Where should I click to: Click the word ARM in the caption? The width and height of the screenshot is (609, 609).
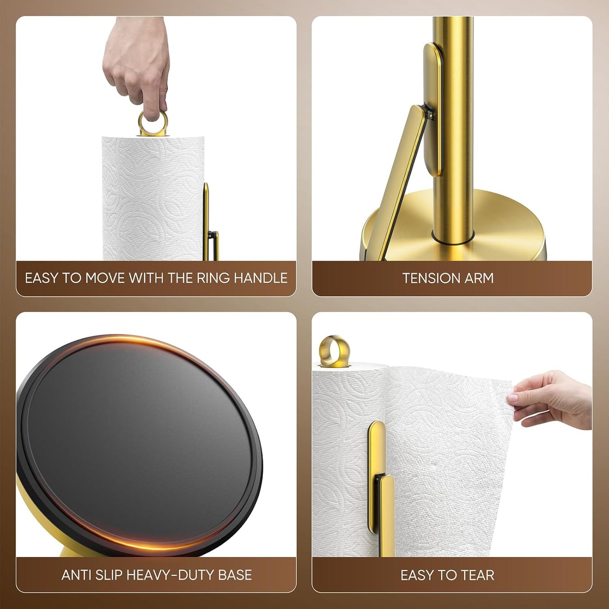(479, 278)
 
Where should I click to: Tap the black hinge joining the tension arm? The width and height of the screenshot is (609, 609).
(429, 113)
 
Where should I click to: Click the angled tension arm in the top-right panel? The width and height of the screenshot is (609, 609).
(401, 177)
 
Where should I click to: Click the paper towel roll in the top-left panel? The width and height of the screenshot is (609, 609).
(152, 198)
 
